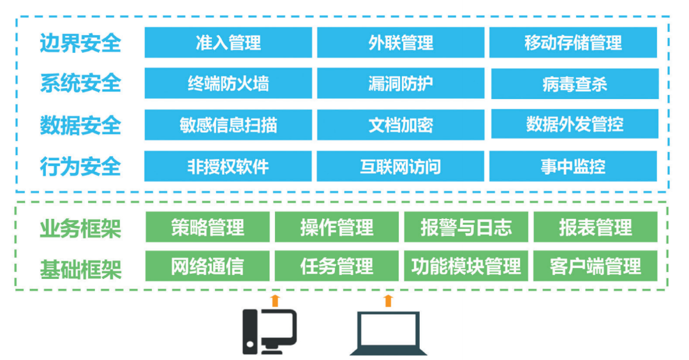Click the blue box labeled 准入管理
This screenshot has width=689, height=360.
[x=228, y=43]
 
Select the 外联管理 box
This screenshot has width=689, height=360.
[x=401, y=43]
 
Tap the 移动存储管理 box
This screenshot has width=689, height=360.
[x=573, y=43]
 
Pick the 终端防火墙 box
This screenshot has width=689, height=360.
[x=228, y=84]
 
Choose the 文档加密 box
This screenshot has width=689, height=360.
[x=401, y=124]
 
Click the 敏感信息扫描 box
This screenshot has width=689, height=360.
[x=228, y=124]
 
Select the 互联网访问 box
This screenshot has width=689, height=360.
[x=401, y=166]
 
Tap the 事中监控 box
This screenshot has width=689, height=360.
[x=573, y=166]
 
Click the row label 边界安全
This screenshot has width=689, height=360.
[x=80, y=43]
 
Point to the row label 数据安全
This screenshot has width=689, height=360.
[x=80, y=125]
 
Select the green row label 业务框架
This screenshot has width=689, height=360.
[x=80, y=228]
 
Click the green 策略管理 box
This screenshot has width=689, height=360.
[x=208, y=227]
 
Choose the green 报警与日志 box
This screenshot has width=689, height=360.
[x=466, y=227]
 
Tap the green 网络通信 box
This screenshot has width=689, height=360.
[x=208, y=266]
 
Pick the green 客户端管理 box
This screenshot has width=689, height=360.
[x=595, y=266]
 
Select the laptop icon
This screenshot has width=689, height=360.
[x=389, y=333]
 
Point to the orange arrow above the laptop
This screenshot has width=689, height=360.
[x=388, y=301]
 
